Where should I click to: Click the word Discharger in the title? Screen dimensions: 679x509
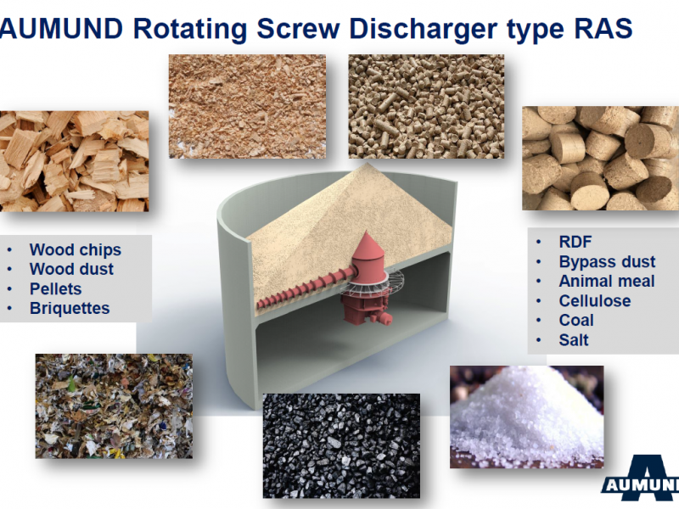tap(423, 29)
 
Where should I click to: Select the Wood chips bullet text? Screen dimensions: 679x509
tap(76, 249)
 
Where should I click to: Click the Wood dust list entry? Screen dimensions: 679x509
tap(71, 269)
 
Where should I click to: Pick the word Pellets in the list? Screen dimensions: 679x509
tap(55, 288)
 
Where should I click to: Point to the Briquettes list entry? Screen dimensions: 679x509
tap(70, 308)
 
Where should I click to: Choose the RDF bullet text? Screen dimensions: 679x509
tap(575, 242)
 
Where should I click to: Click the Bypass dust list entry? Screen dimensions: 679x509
tap(607, 262)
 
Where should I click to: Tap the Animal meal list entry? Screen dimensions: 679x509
tap(607, 282)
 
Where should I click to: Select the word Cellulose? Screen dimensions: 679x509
tap(595, 301)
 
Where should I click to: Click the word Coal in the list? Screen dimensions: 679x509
tap(576, 321)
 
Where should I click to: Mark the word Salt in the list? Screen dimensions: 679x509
tap(574, 340)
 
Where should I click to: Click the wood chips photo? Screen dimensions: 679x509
tap(74, 161)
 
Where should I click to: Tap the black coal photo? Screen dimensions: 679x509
tap(342, 446)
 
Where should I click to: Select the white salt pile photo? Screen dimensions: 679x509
tap(526, 417)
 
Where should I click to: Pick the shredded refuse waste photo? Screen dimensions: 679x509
tap(114, 406)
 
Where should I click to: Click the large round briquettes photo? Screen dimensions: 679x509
tap(600, 159)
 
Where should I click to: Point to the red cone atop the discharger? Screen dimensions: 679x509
tap(368, 244)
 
